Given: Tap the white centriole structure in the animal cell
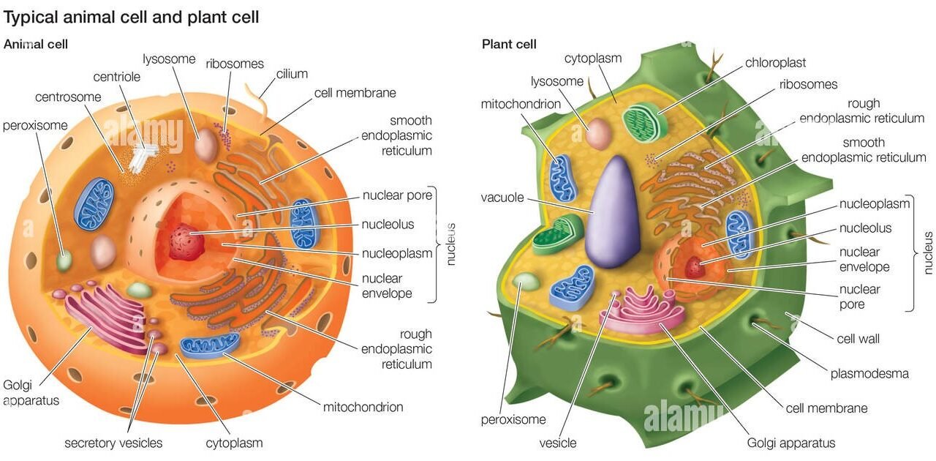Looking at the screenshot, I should click(x=146, y=151).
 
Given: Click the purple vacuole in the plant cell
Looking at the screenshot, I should click(x=613, y=216).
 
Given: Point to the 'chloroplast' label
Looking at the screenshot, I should click(x=775, y=63).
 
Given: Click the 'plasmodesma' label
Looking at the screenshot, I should click(x=869, y=373).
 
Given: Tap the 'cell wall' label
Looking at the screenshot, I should click(x=858, y=339).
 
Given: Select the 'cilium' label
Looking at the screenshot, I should click(x=292, y=74).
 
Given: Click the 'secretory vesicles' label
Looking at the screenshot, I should click(x=113, y=443).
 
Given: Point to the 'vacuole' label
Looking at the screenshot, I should click(x=502, y=198).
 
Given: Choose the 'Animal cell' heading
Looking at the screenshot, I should click(x=36, y=44).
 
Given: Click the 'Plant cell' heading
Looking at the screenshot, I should click(x=509, y=44).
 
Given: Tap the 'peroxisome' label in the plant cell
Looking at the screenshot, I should click(x=513, y=420).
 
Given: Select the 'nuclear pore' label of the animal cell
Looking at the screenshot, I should click(x=398, y=195).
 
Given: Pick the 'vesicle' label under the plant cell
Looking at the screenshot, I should click(x=558, y=443).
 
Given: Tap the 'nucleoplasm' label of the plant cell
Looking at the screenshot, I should click(x=875, y=203).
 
